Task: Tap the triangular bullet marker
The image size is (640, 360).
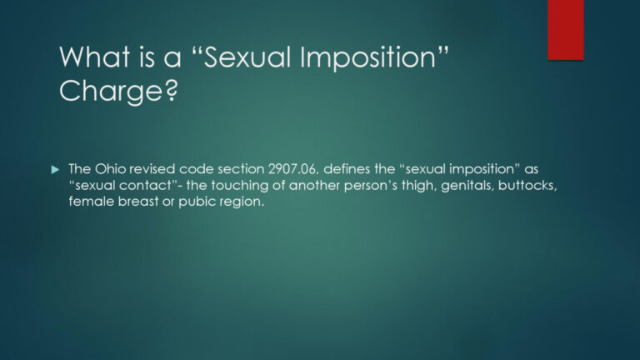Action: pyautogui.click(x=56, y=169)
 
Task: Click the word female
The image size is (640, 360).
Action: pyautogui.click(x=88, y=202)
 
